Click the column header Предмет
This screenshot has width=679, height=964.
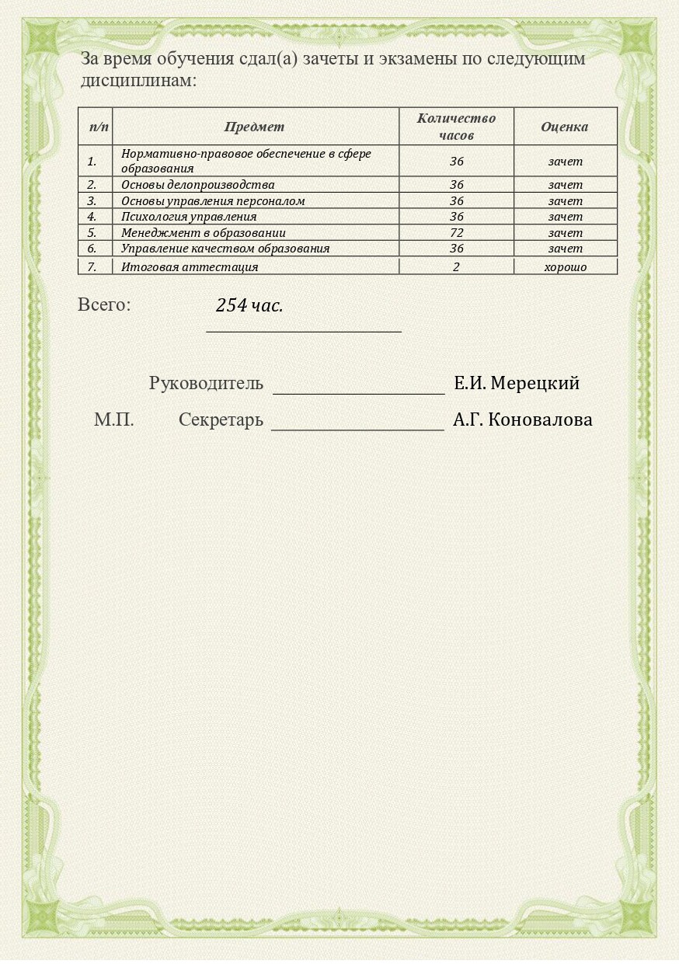(254, 127)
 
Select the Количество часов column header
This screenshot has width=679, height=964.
(456, 127)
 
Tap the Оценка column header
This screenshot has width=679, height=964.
(564, 127)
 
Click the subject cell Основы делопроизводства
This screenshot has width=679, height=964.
(197, 185)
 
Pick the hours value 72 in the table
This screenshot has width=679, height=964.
(456, 233)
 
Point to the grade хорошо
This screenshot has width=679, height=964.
(565, 267)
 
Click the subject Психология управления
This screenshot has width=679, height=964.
(188, 217)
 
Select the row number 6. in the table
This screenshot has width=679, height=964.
(92, 249)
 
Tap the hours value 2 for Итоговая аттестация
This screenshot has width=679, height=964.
(456, 267)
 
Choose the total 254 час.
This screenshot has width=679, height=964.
(249, 306)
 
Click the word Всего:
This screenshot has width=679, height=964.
(104, 305)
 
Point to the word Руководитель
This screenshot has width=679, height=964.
(206, 383)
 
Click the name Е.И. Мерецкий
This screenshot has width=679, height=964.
(517, 383)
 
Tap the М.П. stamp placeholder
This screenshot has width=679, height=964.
(113, 420)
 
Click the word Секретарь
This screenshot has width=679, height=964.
(221, 420)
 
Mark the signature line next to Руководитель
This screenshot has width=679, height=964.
(358, 392)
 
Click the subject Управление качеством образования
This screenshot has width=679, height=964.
(225, 249)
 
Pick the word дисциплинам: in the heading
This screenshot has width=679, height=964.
(138, 80)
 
